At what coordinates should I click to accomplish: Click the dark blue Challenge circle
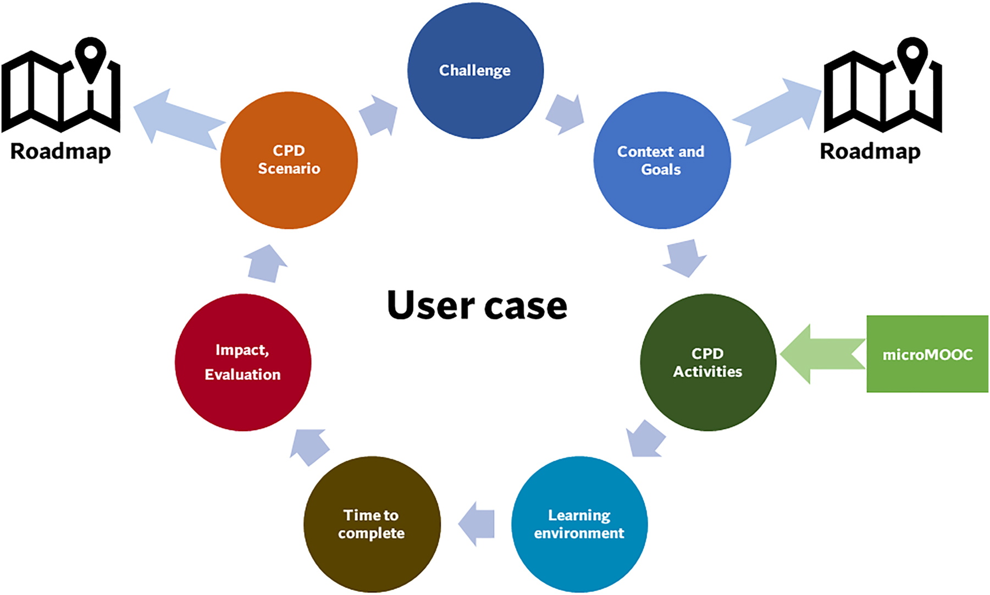pos(475,70)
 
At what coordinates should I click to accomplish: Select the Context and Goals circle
pos(661,160)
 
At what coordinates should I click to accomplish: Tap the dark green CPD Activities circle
pos(707,362)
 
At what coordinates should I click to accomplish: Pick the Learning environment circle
pos(579,524)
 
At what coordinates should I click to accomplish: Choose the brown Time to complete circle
pos(372,524)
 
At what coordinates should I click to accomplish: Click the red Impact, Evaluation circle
pos(242,362)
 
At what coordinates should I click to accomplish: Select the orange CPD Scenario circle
pos(289,160)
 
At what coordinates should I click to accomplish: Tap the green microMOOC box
pos(927,354)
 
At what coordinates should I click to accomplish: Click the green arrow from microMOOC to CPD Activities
pos(819,354)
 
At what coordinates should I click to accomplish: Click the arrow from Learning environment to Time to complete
pos(477,524)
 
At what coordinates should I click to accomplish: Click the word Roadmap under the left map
pos(60,151)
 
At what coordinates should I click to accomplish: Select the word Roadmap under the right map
pos(870,151)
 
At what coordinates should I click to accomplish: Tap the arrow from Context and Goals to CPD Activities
pos(685,257)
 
